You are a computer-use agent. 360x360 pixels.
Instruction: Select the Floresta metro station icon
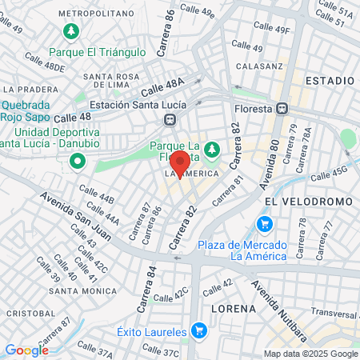281,109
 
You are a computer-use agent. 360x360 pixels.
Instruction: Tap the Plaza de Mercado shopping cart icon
266,224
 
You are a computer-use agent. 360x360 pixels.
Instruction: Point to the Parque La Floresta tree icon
212,150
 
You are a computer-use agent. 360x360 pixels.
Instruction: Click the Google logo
26,350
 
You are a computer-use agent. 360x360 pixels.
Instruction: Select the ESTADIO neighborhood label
329,81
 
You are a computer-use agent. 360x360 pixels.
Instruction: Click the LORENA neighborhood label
234,308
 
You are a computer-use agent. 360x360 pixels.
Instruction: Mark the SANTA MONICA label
79,290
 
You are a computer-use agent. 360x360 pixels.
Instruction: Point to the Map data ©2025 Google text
311,354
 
